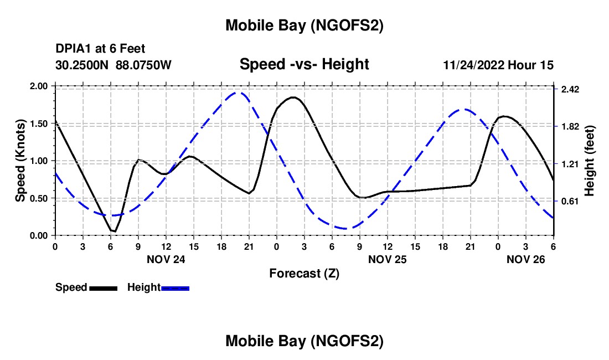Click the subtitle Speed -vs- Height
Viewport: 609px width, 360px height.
click(304, 64)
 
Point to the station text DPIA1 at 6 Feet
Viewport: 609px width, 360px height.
click(100, 49)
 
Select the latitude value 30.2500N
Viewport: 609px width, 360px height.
click(83, 65)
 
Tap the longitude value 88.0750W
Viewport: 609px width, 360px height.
click(143, 65)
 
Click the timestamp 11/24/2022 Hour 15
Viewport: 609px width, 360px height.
click(498, 65)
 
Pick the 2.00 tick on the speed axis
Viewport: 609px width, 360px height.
click(40, 86)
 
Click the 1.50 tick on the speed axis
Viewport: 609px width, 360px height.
click(40, 124)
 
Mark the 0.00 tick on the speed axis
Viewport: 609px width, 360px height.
click(40, 235)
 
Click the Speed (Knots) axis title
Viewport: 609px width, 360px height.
click(20, 161)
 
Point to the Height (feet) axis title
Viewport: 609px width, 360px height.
click(589, 161)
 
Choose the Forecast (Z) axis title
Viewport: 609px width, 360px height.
click(304, 273)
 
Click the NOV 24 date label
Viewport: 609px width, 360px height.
click(166, 259)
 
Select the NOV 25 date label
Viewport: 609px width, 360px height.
click(387, 259)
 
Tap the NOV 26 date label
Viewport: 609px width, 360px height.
click(525, 259)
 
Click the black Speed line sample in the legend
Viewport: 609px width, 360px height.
click(103, 287)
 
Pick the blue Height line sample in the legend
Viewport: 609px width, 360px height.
click(176, 287)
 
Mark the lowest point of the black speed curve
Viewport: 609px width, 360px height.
click(115, 232)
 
